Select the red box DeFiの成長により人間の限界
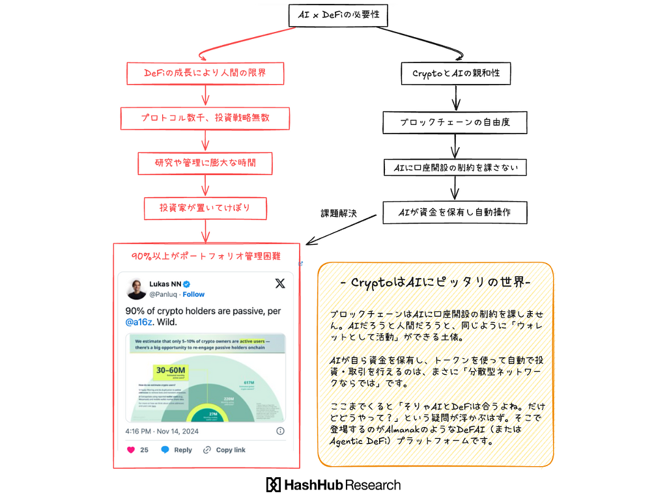point(205,74)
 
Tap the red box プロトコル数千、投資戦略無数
point(205,118)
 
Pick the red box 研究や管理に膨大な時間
point(205,163)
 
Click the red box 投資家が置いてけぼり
point(205,208)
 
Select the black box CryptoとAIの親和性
point(456,74)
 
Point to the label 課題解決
point(339,213)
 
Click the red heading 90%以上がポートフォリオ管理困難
point(206,257)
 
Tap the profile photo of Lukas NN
point(136,288)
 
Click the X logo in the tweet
point(279,283)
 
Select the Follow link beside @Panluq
point(193,294)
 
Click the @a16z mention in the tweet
point(141,322)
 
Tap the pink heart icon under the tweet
point(130,450)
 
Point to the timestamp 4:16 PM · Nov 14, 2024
point(162,431)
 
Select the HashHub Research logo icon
point(273,485)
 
